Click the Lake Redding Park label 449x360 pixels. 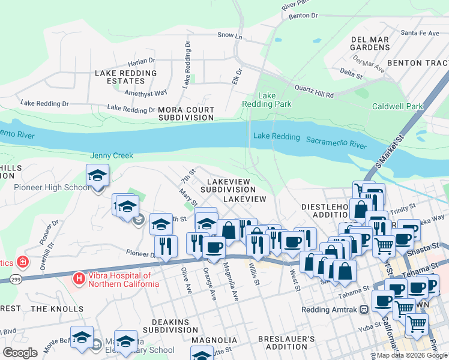click(x=274, y=100)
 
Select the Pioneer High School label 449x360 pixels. click(x=52, y=187)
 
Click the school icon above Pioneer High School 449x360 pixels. click(x=97, y=176)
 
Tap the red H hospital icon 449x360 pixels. click(x=78, y=278)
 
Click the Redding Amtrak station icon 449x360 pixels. click(x=363, y=310)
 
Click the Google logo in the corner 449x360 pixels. click(x=20, y=352)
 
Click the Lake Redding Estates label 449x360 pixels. click(x=125, y=77)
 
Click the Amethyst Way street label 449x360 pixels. click(x=145, y=93)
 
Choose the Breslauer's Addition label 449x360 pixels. click(x=286, y=343)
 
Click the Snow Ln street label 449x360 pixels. click(x=229, y=36)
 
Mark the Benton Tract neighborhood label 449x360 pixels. click(x=418, y=62)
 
